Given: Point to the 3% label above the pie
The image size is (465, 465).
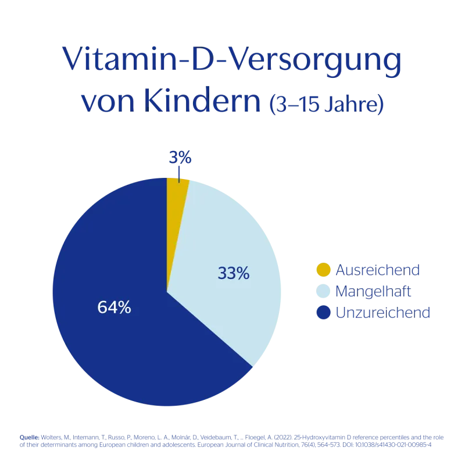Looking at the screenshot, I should (x=180, y=158).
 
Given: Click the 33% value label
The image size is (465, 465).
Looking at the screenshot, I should (x=234, y=273).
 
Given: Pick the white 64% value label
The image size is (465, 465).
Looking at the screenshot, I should (x=115, y=307).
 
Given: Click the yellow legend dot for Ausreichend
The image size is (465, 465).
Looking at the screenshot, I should (x=323, y=270).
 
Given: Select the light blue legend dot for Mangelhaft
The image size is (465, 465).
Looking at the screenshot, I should (x=323, y=291).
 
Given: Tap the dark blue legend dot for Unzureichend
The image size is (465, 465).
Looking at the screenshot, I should (x=323, y=313).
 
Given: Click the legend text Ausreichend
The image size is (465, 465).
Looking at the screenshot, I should (x=378, y=270).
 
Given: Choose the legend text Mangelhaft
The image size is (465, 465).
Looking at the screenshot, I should (x=374, y=291).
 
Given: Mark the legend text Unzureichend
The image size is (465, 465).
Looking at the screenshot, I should (x=383, y=313).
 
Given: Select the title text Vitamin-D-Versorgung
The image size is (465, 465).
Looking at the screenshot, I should (x=232, y=60).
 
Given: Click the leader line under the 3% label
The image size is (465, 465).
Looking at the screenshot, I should (x=180, y=174).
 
